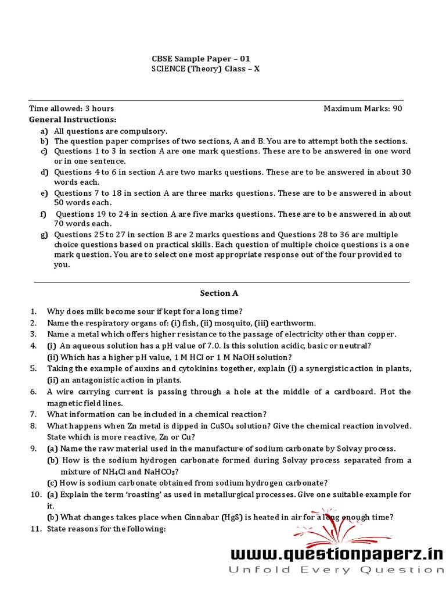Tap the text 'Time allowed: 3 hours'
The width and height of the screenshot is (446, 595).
pos(71,109)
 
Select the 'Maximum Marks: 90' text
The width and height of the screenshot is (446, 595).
pos(362,109)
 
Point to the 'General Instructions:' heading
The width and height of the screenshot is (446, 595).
pos(73,120)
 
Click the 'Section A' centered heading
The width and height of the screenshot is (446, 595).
pos(219,293)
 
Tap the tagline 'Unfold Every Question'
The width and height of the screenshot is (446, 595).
pos(336,570)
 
